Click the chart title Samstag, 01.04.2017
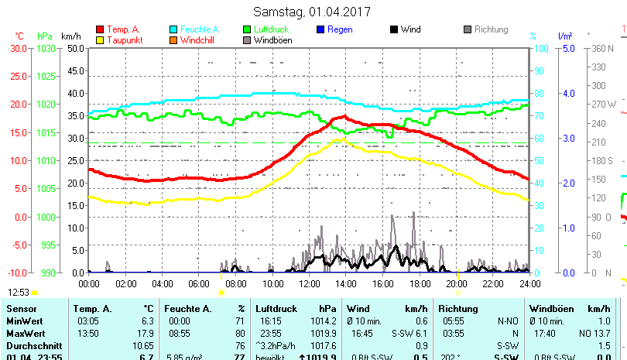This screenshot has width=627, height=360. (312, 12)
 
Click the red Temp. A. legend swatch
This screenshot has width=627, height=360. (100, 29)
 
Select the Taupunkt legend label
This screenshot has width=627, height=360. (124, 39)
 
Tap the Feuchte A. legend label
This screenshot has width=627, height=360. (199, 29)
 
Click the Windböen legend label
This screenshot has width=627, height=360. (273, 39)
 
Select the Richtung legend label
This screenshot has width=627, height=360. (491, 29)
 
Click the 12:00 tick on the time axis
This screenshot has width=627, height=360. (309, 283)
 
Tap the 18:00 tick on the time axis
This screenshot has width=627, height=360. (419, 283)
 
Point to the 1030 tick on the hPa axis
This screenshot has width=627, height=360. (46, 48)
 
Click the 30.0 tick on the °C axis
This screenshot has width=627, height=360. (19, 48)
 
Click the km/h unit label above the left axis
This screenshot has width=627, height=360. (70, 36)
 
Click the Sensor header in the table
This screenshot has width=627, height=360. (22, 308)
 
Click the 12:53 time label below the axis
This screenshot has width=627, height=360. (19, 292)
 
